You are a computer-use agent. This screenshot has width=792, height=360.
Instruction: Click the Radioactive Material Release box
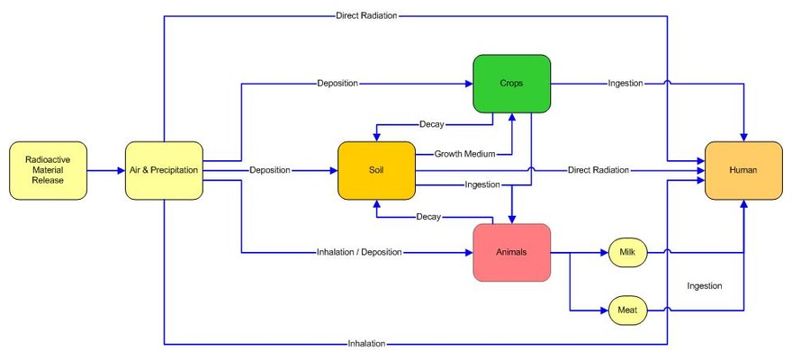pos(49,170)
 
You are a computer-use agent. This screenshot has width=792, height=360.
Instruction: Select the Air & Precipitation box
pos(164,170)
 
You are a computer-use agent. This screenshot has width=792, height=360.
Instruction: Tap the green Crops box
pos(511,84)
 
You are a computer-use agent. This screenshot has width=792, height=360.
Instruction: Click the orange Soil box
pos(376,170)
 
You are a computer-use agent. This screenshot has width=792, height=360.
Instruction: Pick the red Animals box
pos(511,253)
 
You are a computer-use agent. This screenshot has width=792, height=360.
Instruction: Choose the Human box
pos(743,170)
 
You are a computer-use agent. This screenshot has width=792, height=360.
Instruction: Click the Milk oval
pos(627,253)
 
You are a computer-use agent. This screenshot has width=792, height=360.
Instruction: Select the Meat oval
pos(627,310)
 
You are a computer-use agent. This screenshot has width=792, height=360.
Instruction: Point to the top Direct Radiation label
pos(366,15)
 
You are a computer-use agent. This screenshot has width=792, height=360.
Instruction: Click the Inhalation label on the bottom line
pos(366,344)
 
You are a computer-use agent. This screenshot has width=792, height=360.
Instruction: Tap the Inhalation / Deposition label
pos(359,252)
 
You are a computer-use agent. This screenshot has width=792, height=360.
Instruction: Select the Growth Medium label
pos(464,154)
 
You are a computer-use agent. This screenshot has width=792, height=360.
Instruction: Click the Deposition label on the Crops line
pos(337,84)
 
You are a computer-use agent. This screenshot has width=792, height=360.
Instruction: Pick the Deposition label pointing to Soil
pos(269,170)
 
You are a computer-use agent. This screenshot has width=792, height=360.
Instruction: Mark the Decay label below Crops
pos(431,123)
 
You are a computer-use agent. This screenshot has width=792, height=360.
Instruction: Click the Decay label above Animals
pos(427,217)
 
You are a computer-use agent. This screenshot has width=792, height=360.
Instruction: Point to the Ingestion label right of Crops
pos(625,84)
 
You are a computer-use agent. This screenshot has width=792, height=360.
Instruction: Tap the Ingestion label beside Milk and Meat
pos(705,286)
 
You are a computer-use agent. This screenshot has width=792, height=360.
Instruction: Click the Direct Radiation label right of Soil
pos(598,170)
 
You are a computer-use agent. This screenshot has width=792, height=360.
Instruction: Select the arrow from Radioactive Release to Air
pos(106,170)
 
